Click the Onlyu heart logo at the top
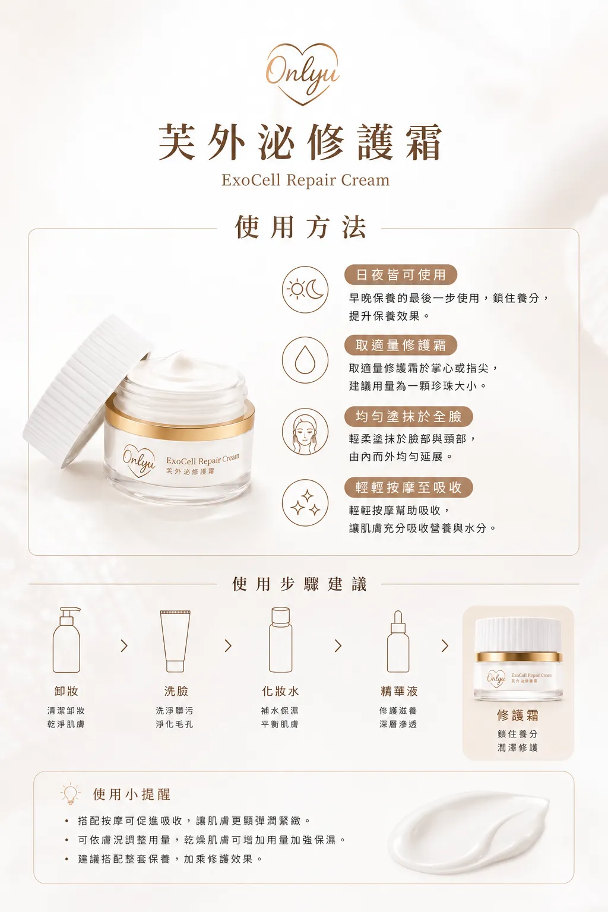pos(303,74)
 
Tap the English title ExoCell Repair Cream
pos(305,180)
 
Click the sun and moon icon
pos(305,290)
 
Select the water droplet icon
pos(305,360)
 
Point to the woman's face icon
pos(305,431)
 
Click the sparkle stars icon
pos(305,503)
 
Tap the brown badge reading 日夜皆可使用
pos(401,275)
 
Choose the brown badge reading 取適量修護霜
pos(401,345)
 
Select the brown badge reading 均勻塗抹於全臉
pos(408,416)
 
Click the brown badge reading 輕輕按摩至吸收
pos(408,487)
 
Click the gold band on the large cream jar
pos(179,419)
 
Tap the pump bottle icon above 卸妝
pos(66,639)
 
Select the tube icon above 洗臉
pos(175,641)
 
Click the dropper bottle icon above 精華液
pos(398,641)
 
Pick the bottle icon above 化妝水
pos(281,639)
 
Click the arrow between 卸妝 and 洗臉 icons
pos(124,645)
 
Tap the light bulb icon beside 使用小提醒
pos(71,793)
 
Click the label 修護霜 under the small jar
pos(518,714)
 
